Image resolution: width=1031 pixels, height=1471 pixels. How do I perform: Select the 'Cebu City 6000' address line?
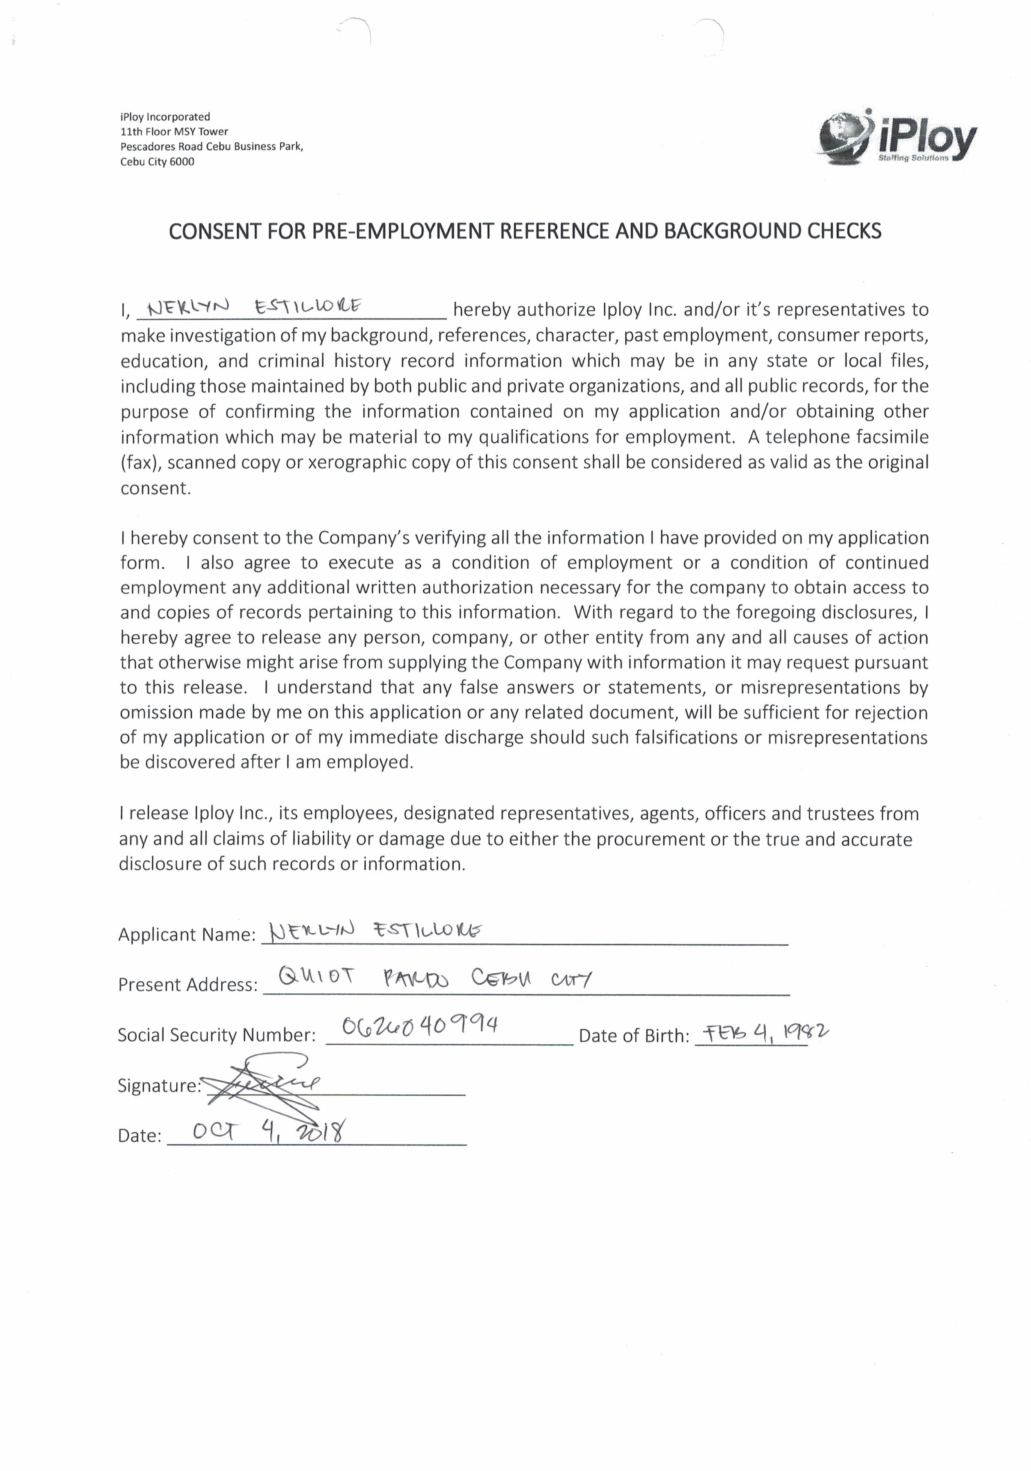click(x=157, y=161)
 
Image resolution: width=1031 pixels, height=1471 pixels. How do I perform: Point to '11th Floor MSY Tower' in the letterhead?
click(x=174, y=131)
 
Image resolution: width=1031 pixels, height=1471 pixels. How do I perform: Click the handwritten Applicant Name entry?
click(x=376, y=930)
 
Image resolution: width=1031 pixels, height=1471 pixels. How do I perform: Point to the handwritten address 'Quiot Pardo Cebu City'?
click(x=435, y=978)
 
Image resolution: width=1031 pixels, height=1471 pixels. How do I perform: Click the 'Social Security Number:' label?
click(x=217, y=1035)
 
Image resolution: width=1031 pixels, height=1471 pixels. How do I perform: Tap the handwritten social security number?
click(x=420, y=1026)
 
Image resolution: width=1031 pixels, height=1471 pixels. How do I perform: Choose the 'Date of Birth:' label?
click(x=634, y=1035)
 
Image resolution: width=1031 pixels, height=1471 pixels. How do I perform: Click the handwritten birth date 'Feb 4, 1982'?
click(x=766, y=1031)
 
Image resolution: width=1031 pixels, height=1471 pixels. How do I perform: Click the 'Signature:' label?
click(x=159, y=1085)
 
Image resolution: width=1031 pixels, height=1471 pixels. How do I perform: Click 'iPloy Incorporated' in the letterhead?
click(x=165, y=116)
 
